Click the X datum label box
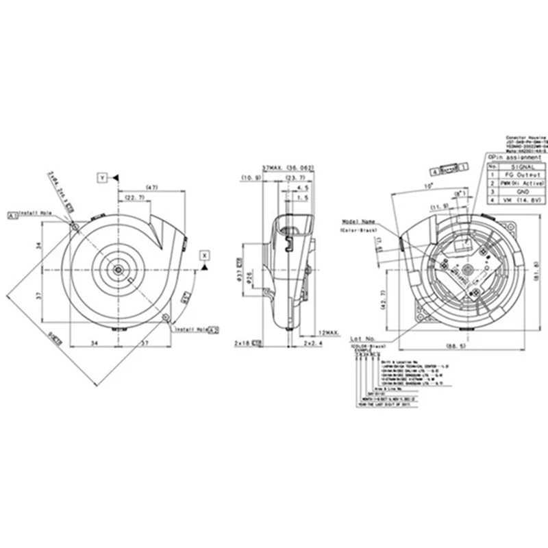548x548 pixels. (x=203, y=255)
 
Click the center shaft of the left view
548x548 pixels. (x=119, y=269)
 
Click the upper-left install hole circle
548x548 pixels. (x=74, y=223)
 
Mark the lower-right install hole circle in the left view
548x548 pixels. (x=166, y=316)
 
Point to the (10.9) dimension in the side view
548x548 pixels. (x=248, y=178)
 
